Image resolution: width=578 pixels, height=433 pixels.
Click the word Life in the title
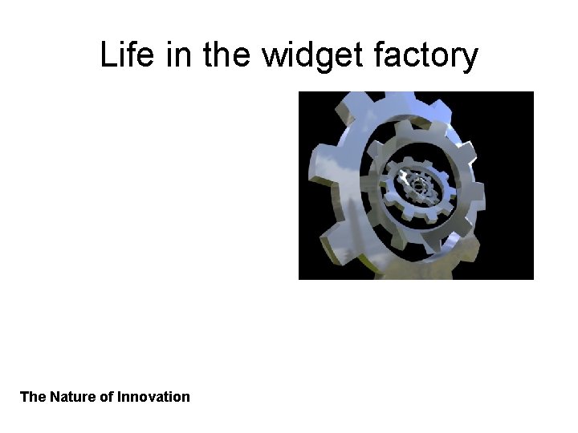coord(125,55)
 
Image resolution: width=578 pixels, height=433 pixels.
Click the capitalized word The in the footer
coord(33,397)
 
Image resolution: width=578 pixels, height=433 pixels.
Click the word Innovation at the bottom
coord(153,397)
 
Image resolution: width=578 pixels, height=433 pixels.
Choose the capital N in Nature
coord(55,397)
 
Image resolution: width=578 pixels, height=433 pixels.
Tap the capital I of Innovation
coord(120,397)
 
